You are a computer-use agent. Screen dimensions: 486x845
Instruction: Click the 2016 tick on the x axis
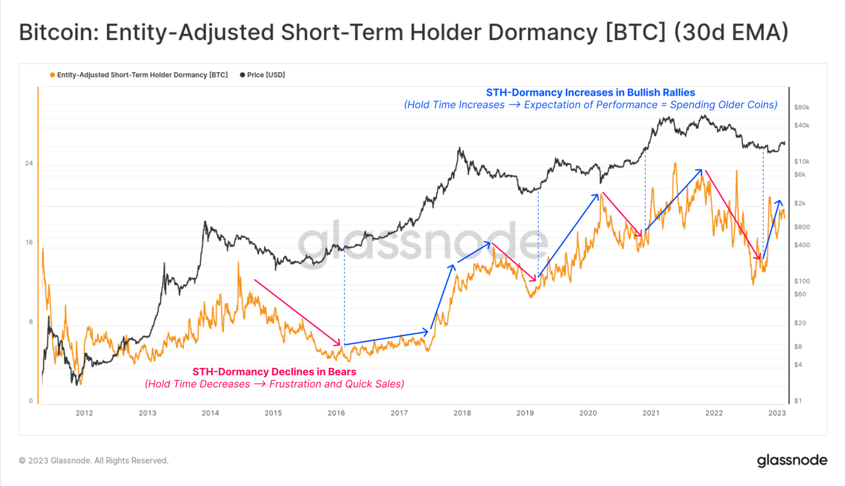coord(336,413)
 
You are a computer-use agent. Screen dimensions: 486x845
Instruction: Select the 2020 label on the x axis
coord(588,413)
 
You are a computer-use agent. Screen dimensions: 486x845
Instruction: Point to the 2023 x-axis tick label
coord(777,413)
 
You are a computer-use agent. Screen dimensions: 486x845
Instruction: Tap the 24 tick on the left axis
coord(29,163)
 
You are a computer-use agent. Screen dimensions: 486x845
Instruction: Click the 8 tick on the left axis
coord(31,322)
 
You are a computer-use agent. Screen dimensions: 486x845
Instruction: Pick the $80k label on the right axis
coord(802,107)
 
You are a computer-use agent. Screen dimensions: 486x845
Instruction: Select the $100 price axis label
coord(802,281)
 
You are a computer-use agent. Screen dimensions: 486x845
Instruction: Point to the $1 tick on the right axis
coord(798,401)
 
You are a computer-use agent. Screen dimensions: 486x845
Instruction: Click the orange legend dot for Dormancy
coord(52,75)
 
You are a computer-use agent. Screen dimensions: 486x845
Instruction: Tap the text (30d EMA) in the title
coord(731,32)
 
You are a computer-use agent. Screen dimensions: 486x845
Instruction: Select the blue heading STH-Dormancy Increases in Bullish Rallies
coord(590,92)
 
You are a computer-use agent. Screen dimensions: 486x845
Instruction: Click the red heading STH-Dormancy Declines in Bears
coord(274,372)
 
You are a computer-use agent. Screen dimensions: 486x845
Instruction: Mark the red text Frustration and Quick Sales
coord(336,384)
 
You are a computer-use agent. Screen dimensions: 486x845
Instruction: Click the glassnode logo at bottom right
coord(792,460)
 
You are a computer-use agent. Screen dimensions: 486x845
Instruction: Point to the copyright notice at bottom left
coord(94,461)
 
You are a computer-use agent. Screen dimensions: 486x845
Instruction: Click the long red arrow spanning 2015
coord(297,312)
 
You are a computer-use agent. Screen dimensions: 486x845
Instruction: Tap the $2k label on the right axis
coord(800,203)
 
